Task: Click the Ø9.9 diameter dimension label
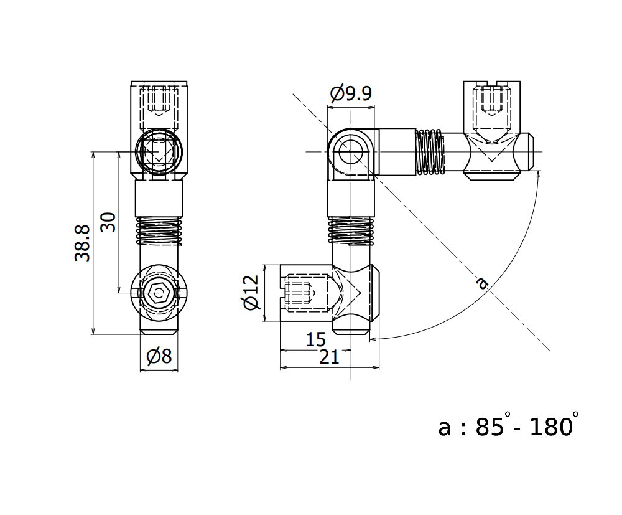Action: [351, 94]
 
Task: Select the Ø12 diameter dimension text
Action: [250, 293]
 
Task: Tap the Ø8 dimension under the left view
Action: [159, 357]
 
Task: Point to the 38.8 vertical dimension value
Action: [83, 243]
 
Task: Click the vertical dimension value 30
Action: [108, 222]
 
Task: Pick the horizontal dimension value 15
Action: [316, 339]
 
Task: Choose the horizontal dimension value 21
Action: [329, 357]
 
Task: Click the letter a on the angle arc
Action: [481, 283]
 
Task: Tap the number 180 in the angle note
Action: [550, 427]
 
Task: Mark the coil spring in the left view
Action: [159, 231]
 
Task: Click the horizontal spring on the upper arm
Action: [429, 152]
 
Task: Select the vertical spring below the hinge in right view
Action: [351, 230]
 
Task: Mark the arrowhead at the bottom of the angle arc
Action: [372, 339]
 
